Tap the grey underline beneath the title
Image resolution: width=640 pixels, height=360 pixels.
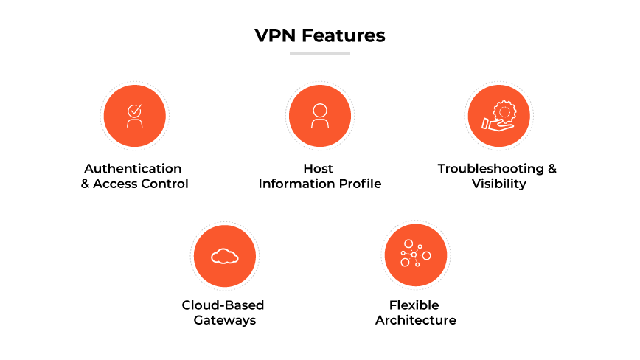point(319,53)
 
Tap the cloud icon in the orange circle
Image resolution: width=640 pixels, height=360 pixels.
point(224,256)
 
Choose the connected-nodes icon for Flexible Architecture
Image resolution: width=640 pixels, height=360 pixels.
point(415,255)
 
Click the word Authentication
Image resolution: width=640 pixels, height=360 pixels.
point(133,168)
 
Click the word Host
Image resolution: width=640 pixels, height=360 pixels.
point(319,168)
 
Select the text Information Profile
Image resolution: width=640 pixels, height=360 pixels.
point(319,184)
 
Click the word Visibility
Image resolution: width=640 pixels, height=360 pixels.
point(499,184)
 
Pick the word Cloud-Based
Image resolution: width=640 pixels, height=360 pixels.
point(223,305)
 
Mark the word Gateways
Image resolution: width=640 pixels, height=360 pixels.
point(224,320)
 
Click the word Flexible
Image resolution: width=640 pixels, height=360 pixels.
point(414,305)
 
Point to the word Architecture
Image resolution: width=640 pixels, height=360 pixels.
point(415,320)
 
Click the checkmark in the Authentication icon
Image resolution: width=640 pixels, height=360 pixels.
point(134,110)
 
